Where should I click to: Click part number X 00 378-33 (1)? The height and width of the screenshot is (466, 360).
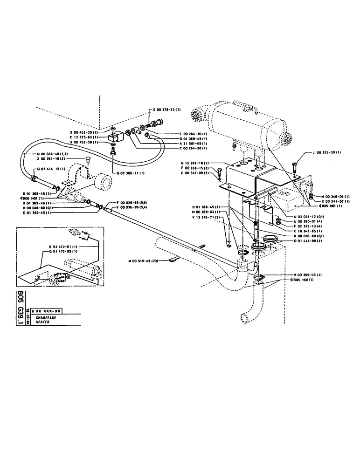pos(168,110)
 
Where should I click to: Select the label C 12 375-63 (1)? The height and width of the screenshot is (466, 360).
pos(83,137)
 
